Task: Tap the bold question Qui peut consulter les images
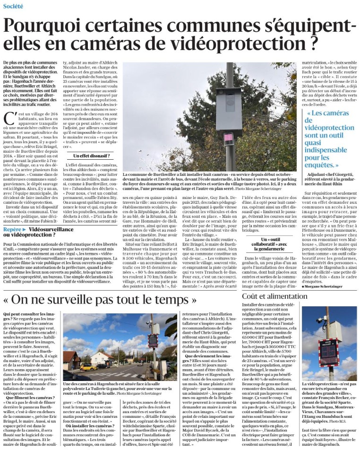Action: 28,314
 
